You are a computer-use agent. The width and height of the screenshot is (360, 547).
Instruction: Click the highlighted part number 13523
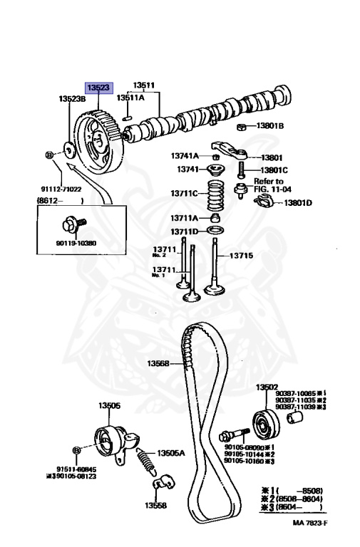tap(98, 87)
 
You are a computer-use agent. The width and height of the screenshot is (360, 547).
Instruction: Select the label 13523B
tap(72, 99)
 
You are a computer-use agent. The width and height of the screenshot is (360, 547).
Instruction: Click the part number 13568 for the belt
tap(158, 363)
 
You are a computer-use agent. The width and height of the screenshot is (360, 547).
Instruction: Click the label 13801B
tap(270, 126)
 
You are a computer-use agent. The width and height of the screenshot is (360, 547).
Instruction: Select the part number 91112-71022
tap(61, 189)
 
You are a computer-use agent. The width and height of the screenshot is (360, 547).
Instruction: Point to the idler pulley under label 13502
tap(267, 426)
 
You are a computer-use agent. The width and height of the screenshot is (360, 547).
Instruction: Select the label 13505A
tap(171, 452)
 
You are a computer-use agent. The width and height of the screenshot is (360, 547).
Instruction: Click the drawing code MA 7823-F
tap(311, 522)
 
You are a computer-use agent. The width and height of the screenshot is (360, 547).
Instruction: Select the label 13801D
tap(298, 203)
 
